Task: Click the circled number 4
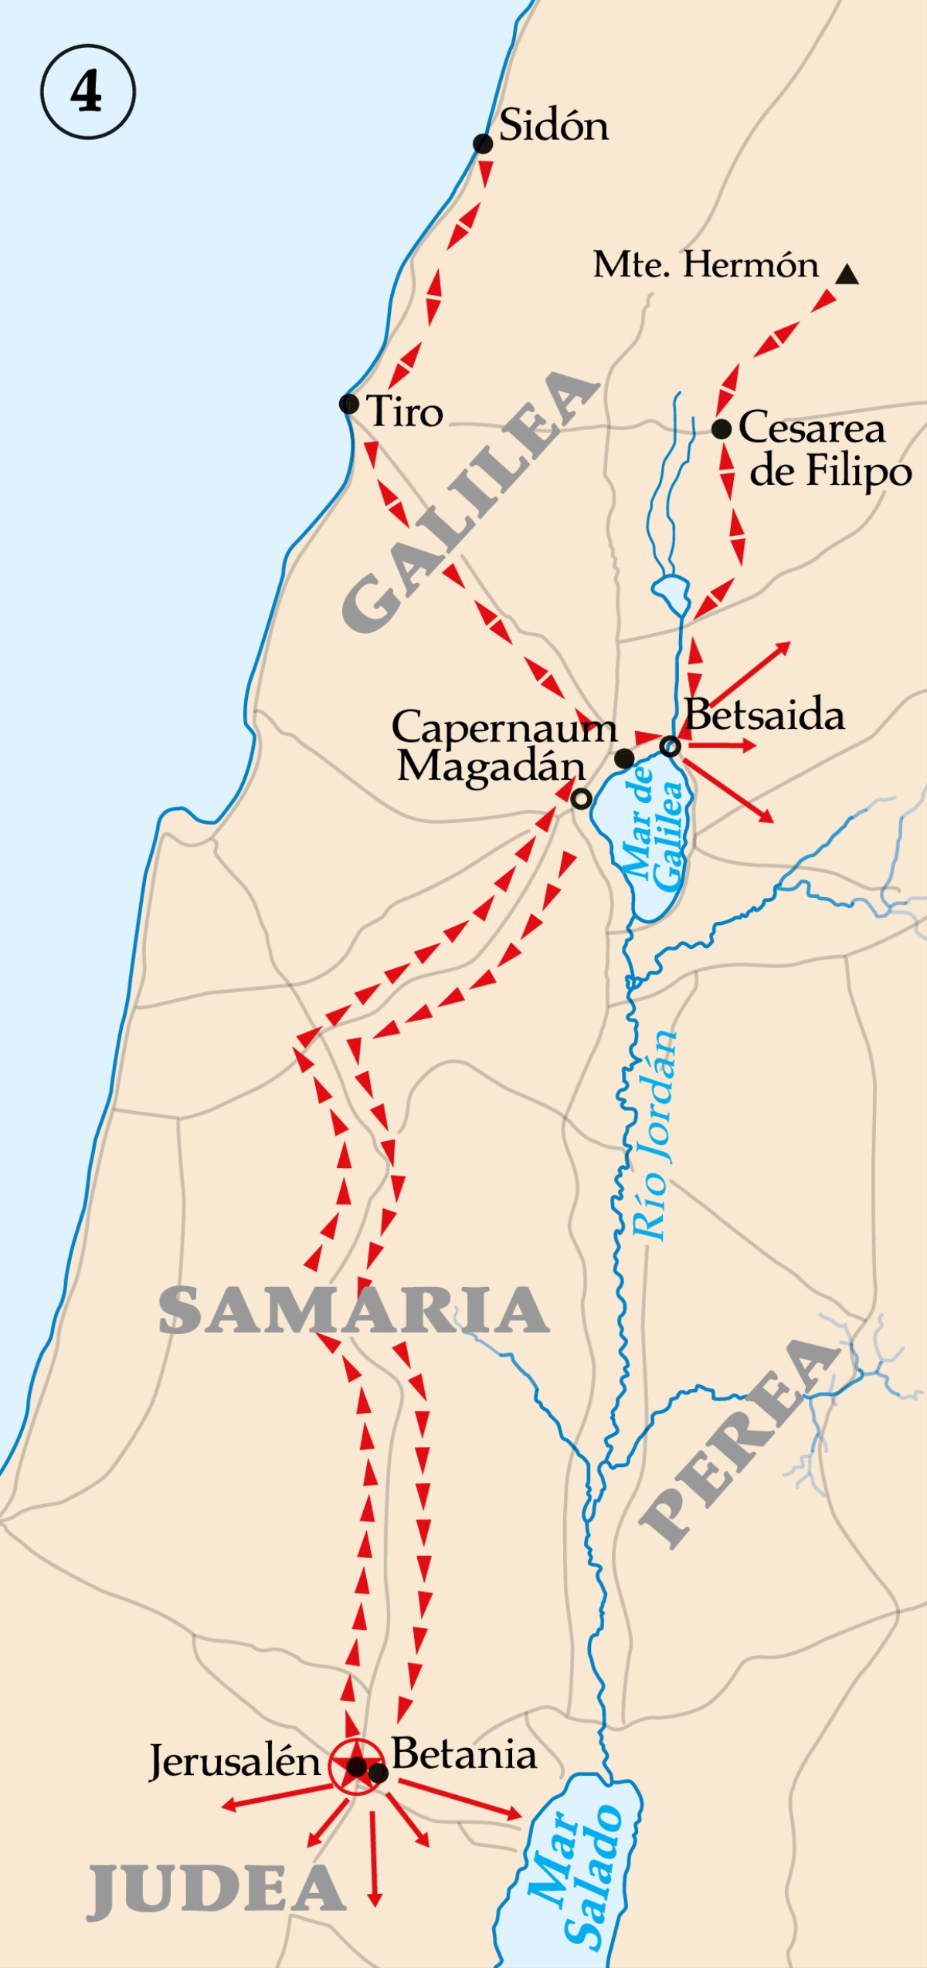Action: (x=87, y=92)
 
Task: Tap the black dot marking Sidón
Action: (x=483, y=144)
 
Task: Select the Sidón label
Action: (x=553, y=125)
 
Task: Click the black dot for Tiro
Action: (x=349, y=403)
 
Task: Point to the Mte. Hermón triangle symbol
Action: (x=847, y=274)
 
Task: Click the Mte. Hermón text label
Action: (x=705, y=265)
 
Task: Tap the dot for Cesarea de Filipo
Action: (x=722, y=429)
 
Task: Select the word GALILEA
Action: (x=470, y=502)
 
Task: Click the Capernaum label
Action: (x=504, y=727)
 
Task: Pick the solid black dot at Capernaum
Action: (x=624, y=758)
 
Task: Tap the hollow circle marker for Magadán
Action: (x=582, y=799)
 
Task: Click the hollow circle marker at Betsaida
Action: (x=671, y=746)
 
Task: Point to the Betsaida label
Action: (x=765, y=715)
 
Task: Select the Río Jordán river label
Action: (x=654, y=1135)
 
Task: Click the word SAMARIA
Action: (x=354, y=1310)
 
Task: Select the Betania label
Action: (x=463, y=1754)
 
